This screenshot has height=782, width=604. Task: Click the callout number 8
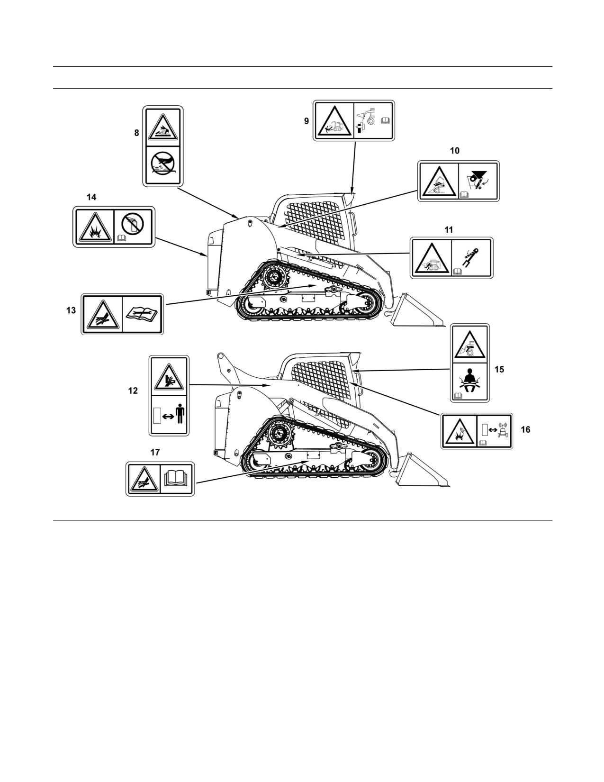[x=137, y=133]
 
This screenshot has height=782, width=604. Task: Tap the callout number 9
[x=307, y=121]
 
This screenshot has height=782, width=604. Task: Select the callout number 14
[x=92, y=197]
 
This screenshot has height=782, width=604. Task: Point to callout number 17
[x=155, y=452]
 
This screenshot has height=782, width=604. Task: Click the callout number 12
[x=133, y=391]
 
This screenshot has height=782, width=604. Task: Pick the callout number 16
[x=525, y=430]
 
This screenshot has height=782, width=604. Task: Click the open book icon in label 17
[x=176, y=479]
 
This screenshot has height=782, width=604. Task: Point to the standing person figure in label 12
[x=180, y=414]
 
